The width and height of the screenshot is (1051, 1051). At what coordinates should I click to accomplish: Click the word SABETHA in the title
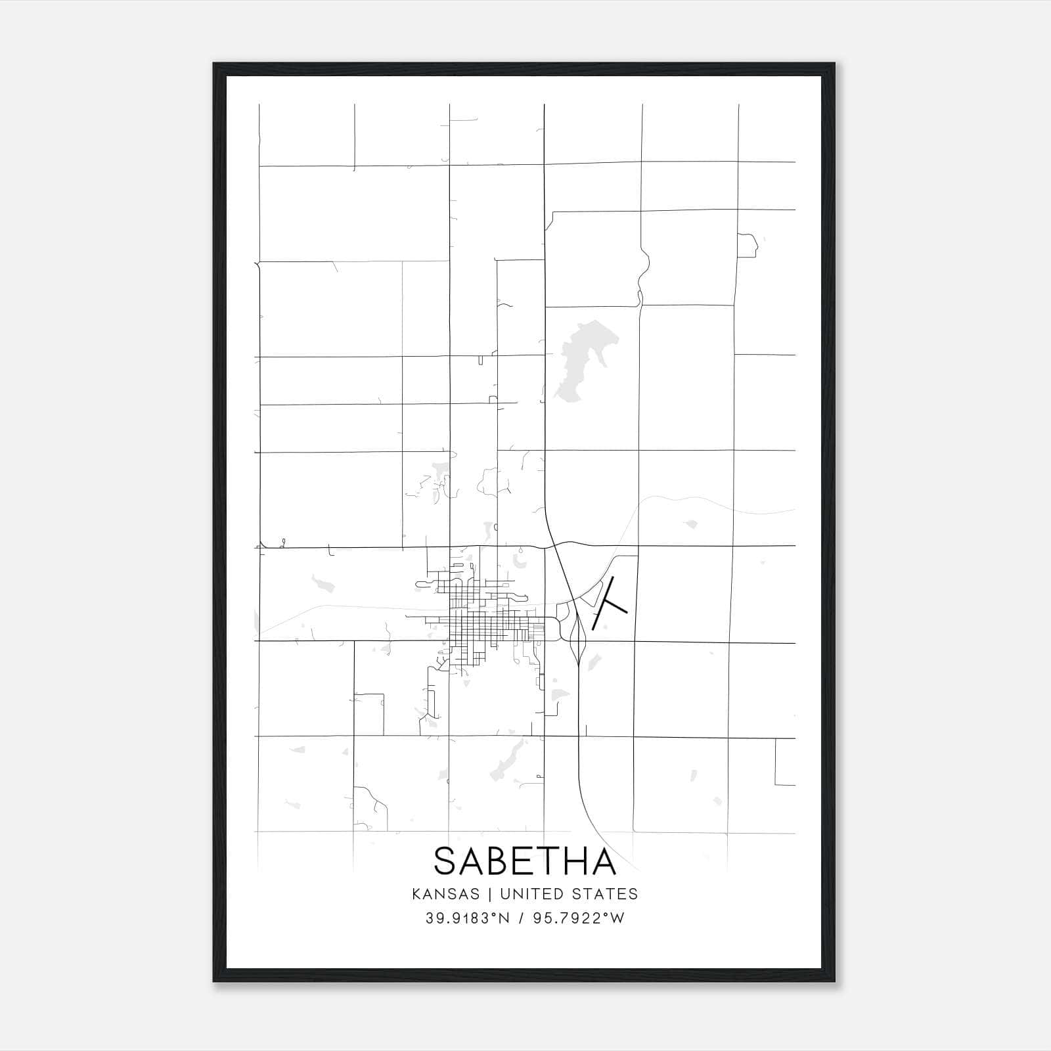click(525, 861)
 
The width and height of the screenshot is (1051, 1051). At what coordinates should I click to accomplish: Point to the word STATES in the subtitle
click(605, 894)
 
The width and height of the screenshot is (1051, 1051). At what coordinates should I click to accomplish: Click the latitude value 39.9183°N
click(468, 918)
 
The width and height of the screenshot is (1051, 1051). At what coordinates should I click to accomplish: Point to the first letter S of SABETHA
click(446, 861)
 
